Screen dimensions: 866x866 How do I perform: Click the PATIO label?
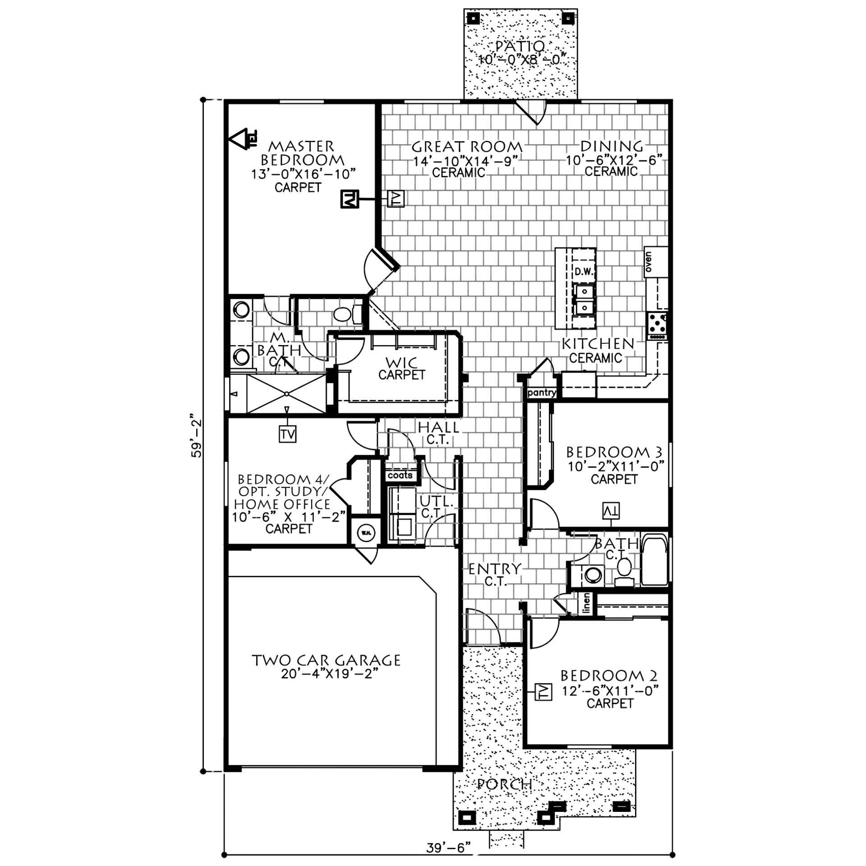coord(520,47)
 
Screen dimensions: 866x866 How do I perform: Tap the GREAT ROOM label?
coord(468,147)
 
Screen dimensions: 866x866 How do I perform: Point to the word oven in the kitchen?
coord(650,262)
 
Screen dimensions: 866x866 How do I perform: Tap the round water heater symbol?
coord(365,533)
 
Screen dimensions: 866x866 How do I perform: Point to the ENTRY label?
coord(494,569)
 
